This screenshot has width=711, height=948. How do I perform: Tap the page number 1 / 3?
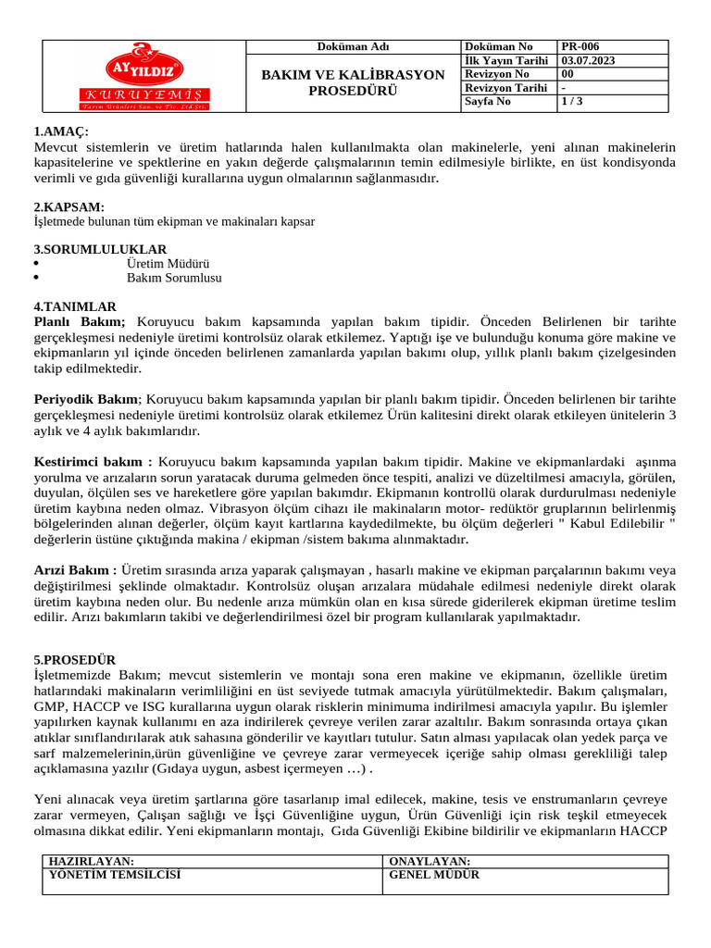(572, 102)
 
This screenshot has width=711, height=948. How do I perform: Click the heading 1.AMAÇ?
(61, 132)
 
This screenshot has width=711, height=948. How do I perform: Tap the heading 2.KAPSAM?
(69, 206)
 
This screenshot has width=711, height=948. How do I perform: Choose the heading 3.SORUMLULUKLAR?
(100, 249)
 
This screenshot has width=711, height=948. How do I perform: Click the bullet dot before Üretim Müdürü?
(35, 264)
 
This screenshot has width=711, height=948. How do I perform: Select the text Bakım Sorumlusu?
(174, 277)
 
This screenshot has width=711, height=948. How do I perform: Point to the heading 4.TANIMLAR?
(75, 306)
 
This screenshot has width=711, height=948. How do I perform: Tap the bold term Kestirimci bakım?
(93, 461)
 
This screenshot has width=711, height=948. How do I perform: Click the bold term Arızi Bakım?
(75, 570)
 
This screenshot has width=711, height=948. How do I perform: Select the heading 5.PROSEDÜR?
(75, 660)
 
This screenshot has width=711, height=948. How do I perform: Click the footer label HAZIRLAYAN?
(91, 861)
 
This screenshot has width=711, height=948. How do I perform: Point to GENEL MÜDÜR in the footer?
(434, 874)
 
